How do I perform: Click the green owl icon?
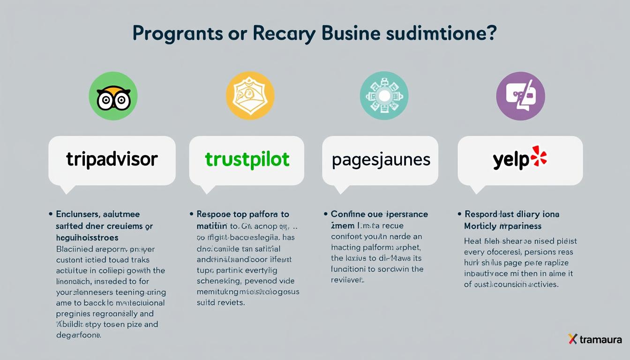coord(113,96)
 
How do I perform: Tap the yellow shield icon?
coord(250,96)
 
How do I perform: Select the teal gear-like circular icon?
coord(384,96)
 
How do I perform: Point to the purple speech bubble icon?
coord(520,96)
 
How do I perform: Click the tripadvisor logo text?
coord(112,159)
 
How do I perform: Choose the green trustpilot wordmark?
coord(247,159)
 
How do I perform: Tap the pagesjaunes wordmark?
coord(381,160)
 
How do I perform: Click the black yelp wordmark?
coord(511,160)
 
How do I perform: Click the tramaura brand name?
coord(601,339)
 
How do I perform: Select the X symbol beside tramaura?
coord(572,339)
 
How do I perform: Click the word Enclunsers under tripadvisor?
coord(77,215)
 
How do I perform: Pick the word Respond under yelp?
coord(484,214)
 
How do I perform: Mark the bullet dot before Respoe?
coord(192,214)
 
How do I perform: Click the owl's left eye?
coord(105,100)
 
